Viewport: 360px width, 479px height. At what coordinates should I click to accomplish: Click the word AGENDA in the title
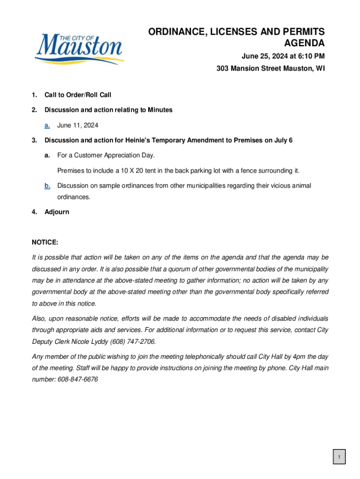click(304, 44)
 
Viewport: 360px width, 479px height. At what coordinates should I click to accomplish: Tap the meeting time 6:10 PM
click(310, 57)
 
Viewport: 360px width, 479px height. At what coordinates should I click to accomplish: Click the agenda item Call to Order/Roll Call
click(78, 95)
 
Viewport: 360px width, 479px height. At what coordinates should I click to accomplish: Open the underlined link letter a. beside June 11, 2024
click(47, 125)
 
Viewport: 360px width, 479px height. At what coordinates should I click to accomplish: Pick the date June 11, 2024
click(78, 125)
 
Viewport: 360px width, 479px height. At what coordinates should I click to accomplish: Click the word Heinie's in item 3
click(143, 140)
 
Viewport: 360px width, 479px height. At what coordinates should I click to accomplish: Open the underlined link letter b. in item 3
click(47, 186)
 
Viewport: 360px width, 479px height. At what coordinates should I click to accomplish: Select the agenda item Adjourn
click(57, 212)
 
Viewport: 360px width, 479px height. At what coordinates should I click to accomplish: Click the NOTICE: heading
click(45, 242)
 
